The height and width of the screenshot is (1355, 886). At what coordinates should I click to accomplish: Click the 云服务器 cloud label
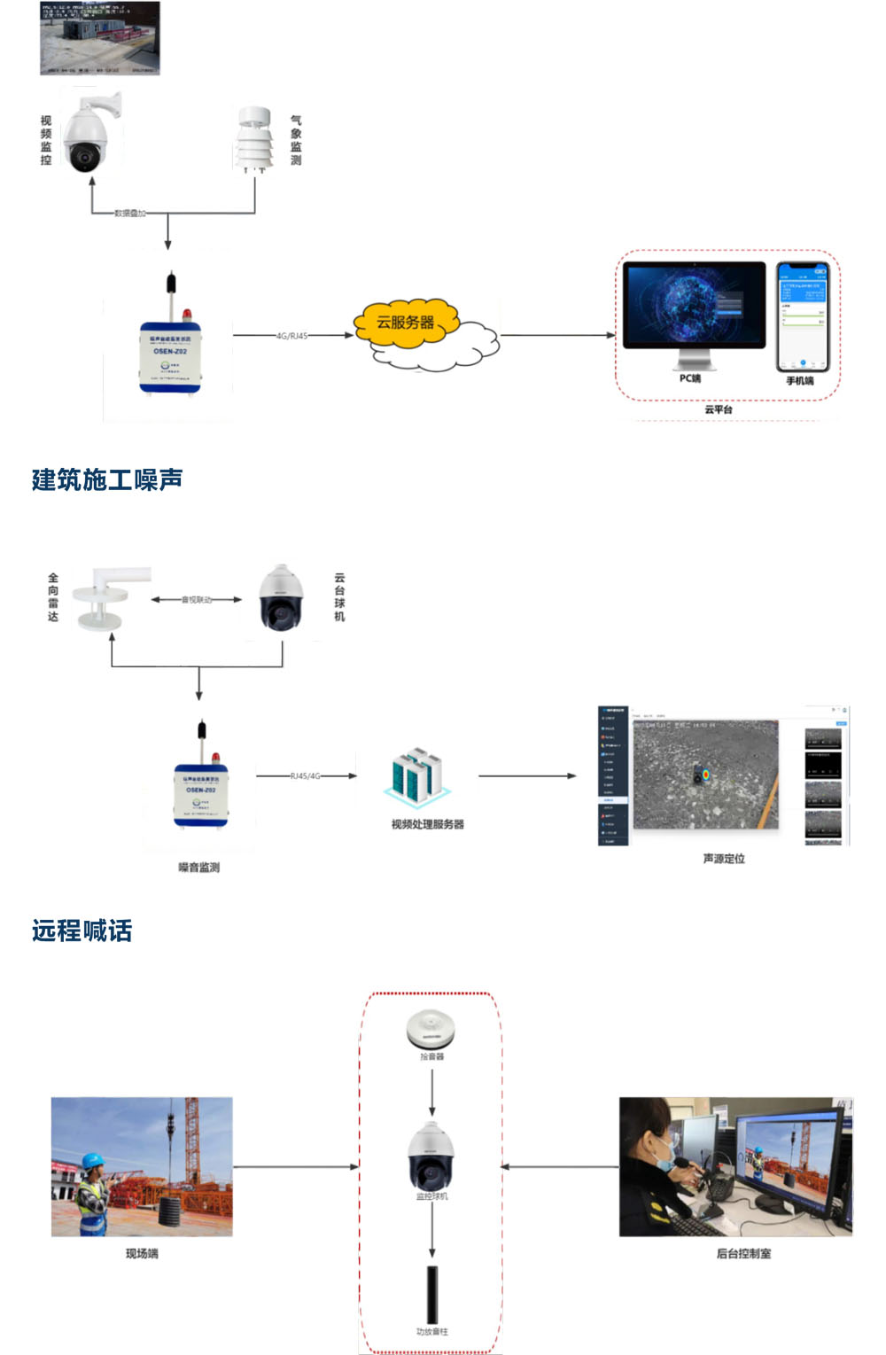pyautogui.click(x=406, y=323)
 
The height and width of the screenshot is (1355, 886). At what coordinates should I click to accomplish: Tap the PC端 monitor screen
pyautogui.click(x=694, y=305)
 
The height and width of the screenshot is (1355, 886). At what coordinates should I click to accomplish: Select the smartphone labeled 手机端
pyautogui.click(x=802, y=316)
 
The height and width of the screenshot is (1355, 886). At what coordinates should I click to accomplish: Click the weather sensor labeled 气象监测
pyautogui.click(x=254, y=139)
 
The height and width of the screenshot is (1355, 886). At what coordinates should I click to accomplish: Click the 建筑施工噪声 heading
pyautogui.click(x=107, y=479)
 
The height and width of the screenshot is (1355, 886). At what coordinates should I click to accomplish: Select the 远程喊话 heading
pyautogui.click(x=82, y=931)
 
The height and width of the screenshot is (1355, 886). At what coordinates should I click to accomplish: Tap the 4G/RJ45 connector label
pyautogui.click(x=291, y=336)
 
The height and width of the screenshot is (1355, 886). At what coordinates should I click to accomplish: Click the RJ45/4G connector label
pyautogui.click(x=306, y=776)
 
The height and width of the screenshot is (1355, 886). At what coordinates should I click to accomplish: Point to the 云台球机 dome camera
pyautogui.click(x=281, y=598)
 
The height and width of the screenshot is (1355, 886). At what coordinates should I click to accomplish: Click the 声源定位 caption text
pyautogui.click(x=724, y=859)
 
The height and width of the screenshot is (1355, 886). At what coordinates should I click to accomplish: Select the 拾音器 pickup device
pyautogui.click(x=431, y=1029)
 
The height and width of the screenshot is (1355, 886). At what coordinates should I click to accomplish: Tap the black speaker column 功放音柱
pyautogui.click(x=432, y=1294)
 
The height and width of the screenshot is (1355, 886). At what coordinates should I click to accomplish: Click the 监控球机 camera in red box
pyautogui.click(x=431, y=1157)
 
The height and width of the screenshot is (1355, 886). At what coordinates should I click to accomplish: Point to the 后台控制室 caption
pyautogui.click(x=743, y=1254)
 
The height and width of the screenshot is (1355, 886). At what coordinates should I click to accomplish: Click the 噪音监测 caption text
pyautogui.click(x=198, y=868)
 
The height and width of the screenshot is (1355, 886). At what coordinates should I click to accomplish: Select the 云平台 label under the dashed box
pyautogui.click(x=719, y=409)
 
